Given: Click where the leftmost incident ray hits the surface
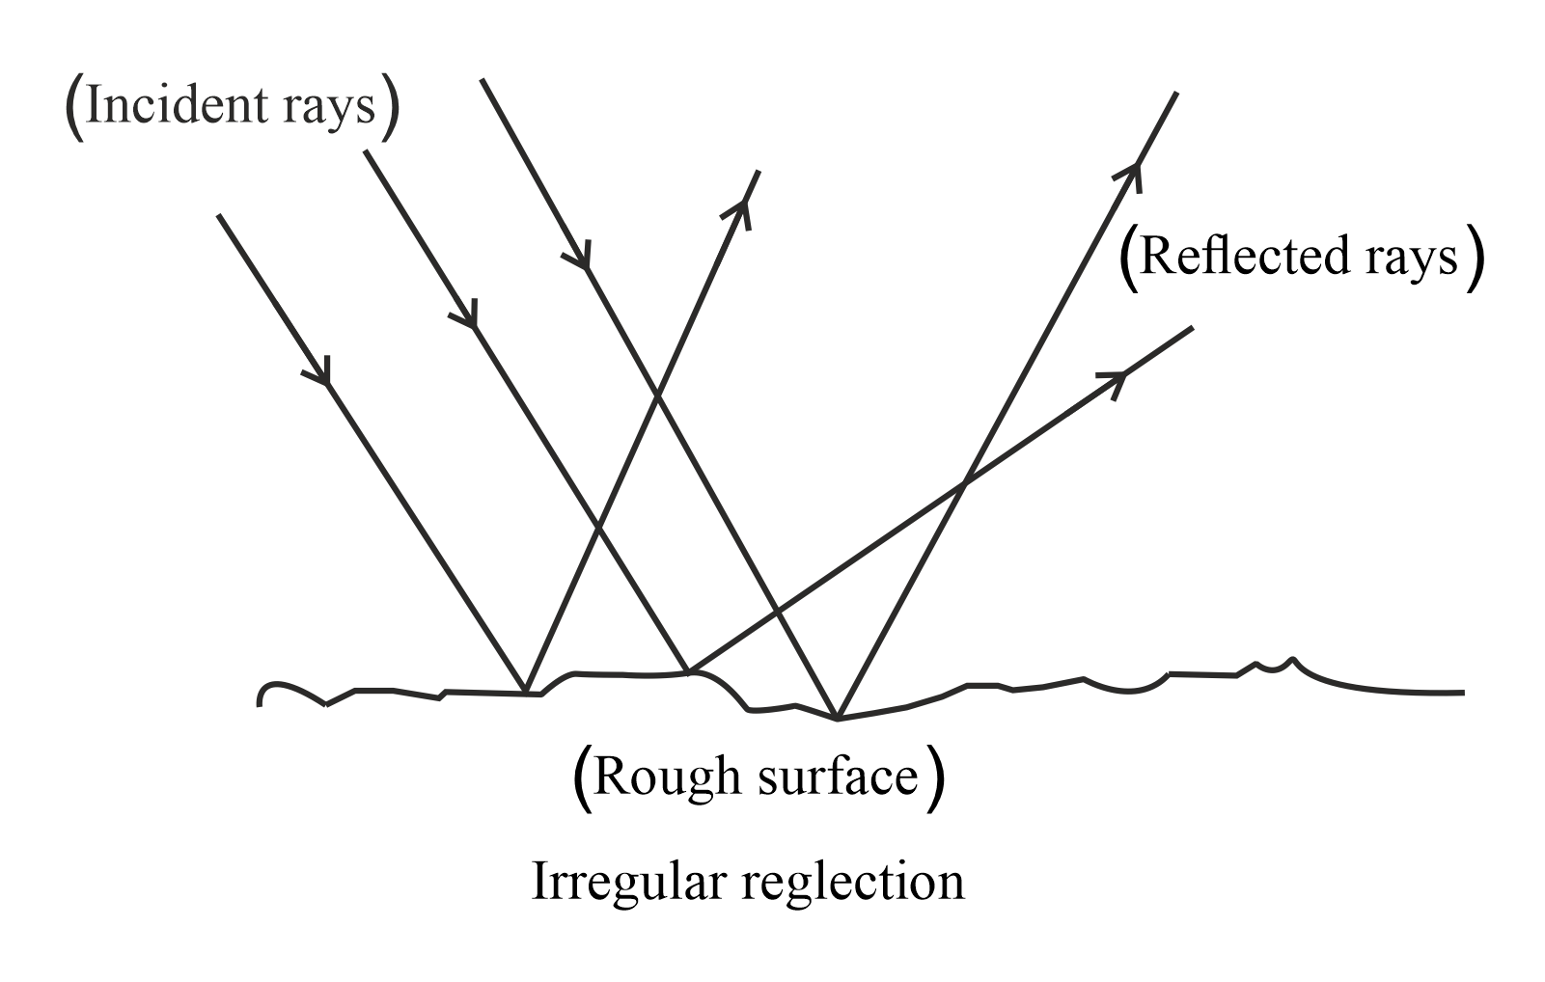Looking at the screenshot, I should point(525,693).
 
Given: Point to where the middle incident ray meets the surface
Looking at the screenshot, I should point(687,671).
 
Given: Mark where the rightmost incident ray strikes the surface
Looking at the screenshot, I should point(837,719).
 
